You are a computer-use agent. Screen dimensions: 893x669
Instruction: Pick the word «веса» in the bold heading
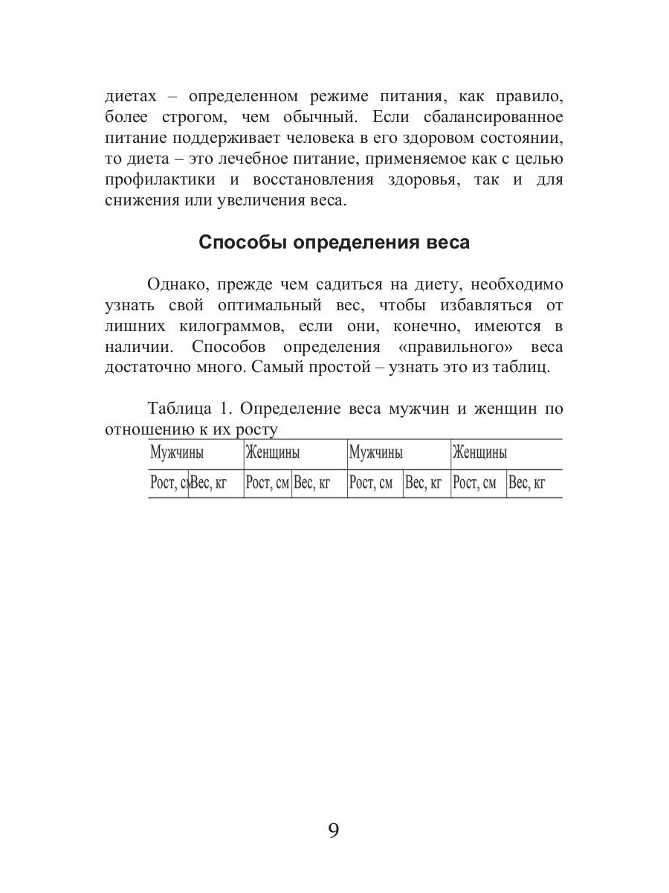pyautogui.click(x=444, y=243)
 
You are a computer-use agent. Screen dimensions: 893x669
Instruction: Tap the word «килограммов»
pyautogui.click(x=230, y=326)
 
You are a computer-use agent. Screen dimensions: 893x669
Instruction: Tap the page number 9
pyautogui.click(x=334, y=830)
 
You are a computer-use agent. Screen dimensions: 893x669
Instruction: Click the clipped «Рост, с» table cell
pyautogui.click(x=168, y=484)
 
